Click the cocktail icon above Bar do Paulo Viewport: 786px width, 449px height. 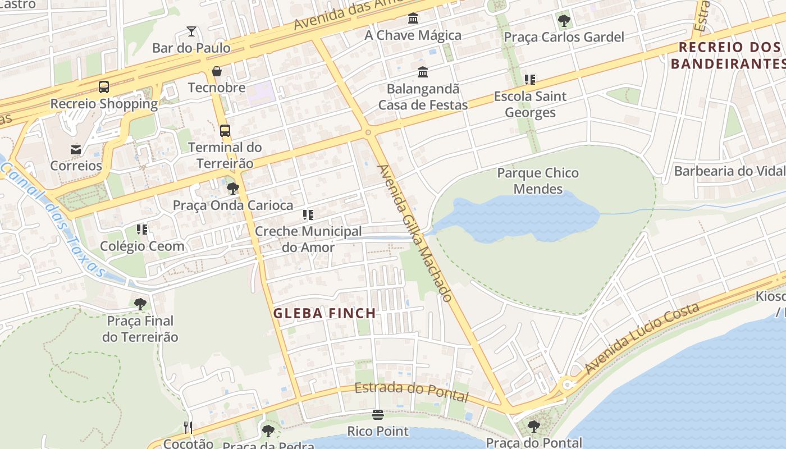tap(191, 31)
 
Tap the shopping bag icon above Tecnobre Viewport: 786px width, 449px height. tap(217, 71)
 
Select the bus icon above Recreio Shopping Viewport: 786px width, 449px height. tap(104, 87)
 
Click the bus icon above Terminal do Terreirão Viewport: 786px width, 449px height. tap(225, 131)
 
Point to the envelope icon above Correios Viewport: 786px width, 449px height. tap(76, 149)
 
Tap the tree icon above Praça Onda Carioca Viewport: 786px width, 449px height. tap(233, 189)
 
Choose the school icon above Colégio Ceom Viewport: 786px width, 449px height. tap(142, 229)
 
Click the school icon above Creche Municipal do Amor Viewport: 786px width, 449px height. tap(308, 214)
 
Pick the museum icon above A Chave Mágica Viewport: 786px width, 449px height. tap(413, 19)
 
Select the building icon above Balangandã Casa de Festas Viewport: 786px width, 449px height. tap(423, 72)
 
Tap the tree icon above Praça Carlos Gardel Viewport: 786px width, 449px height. tap(564, 21)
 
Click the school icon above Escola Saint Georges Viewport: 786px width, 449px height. tap(530, 80)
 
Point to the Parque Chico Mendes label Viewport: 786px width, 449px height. tap(538, 181)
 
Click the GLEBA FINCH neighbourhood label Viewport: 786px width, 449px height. tap(325, 313)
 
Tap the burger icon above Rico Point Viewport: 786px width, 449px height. tap(377, 415)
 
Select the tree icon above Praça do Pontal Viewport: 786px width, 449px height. tap(534, 427)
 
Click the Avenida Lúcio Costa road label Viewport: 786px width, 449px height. tap(642, 338)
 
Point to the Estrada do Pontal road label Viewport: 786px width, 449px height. tap(411, 391)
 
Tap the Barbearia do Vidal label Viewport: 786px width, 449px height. tap(729, 171)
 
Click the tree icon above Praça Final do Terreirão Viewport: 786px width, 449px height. tap(140, 304)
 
